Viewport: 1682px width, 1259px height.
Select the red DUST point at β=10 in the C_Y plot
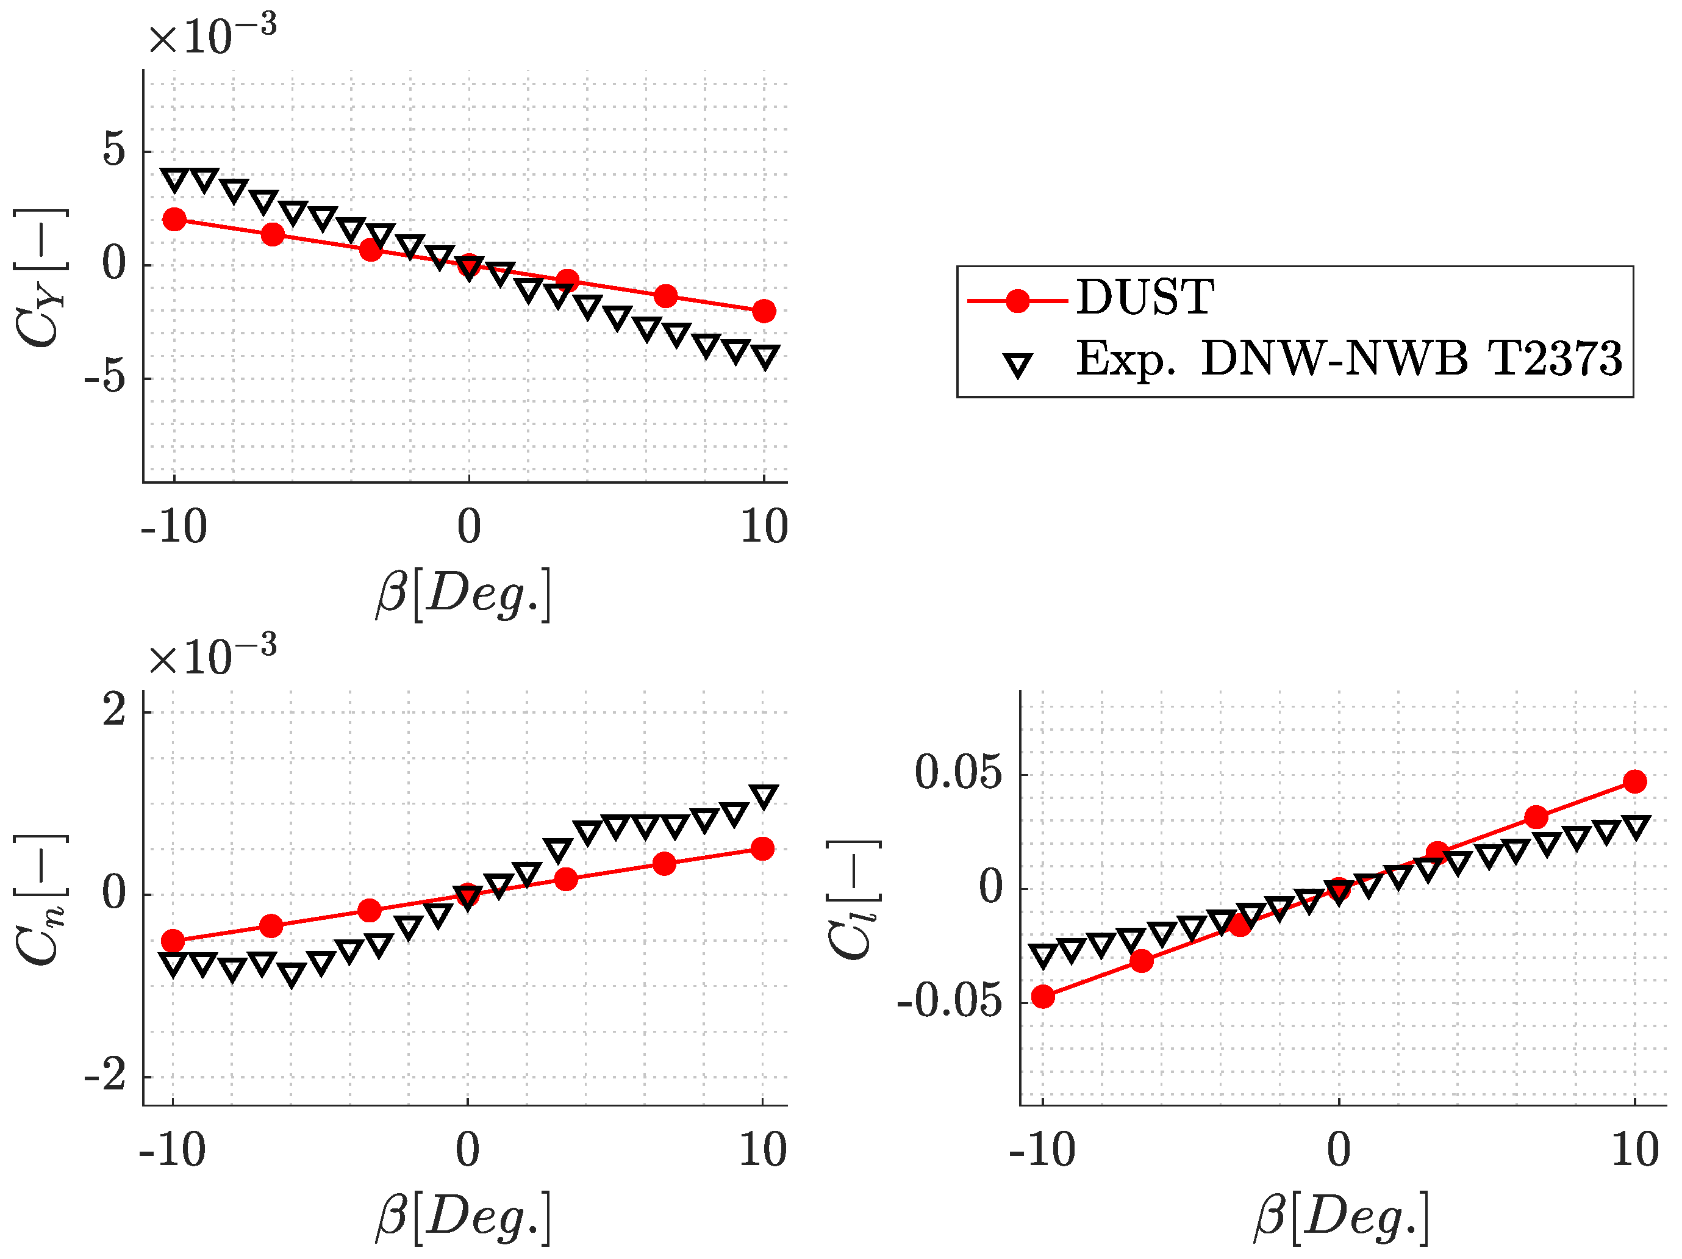pyautogui.click(x=764, y=311)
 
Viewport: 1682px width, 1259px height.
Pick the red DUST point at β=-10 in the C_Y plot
pyautogui.click(x=174, y=220)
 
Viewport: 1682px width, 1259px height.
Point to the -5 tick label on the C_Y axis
pyautogui.click(x=105, y=378)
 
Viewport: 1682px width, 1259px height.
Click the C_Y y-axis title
pyautogui.click(x=40, y=278)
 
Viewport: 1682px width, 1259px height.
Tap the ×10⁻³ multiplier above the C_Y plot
pyautogui.click(x=212, y=34)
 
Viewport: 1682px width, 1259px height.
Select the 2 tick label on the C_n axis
pyautogui.click(x=114, y=711)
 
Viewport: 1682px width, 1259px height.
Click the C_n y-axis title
pyautogui.click(x=40, y=900)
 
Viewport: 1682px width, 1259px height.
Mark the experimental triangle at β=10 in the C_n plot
pyautogui.click(x=764, y=795)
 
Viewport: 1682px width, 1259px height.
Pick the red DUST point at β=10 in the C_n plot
pyautogui.click(x=762, y=849)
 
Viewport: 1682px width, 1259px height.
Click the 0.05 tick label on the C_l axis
pyautogui.click(x=958, y=773)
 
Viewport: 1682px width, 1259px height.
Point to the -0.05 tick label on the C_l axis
pyautogui.click(x=949, y=1002)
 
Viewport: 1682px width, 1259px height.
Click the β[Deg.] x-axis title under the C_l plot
pyautogui.click(x=1341, y=1217)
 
